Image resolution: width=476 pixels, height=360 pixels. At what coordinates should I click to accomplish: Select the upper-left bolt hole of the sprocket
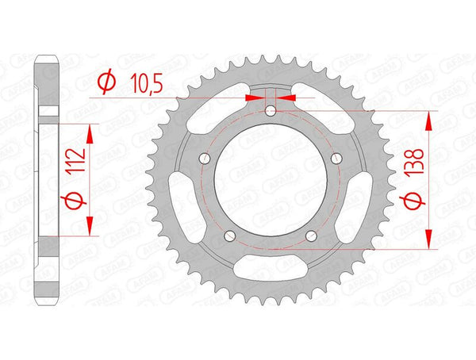[x=205, y=159]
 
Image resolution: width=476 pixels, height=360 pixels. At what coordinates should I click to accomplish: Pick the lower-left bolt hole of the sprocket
[x=230, y=235]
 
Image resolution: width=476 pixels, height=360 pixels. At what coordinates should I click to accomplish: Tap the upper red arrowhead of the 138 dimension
[x=428, y=120]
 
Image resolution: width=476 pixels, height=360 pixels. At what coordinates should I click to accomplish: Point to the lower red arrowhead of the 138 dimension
[x=428, y=240]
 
